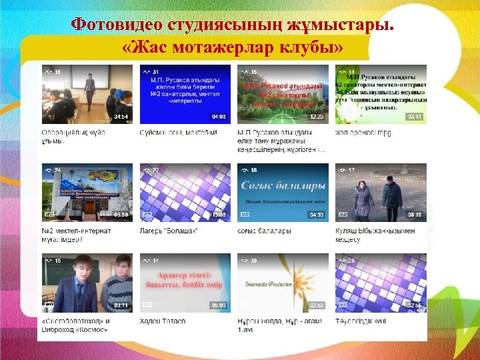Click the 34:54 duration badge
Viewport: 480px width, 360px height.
(121, 117)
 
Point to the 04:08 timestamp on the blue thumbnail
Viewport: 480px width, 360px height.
(219, 117)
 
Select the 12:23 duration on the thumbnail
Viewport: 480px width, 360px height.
(317, 117)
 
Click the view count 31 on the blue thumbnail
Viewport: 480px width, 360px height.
(155, 71)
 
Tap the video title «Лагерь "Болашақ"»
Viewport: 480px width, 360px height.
(169, 231)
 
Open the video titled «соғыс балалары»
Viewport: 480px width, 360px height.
(264, 231)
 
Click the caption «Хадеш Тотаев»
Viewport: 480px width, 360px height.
(163, 321)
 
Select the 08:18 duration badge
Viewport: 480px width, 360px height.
(415, 215)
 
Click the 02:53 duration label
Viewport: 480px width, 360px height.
(317, 305)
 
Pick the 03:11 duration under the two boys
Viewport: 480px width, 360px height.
(121, 305)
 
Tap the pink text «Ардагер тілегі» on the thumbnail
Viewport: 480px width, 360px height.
(185, 275)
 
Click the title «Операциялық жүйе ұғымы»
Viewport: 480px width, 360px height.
(73, 137)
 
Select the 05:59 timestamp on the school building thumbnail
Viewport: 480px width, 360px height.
(121, 215)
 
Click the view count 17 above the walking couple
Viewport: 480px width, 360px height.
(351, 170)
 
